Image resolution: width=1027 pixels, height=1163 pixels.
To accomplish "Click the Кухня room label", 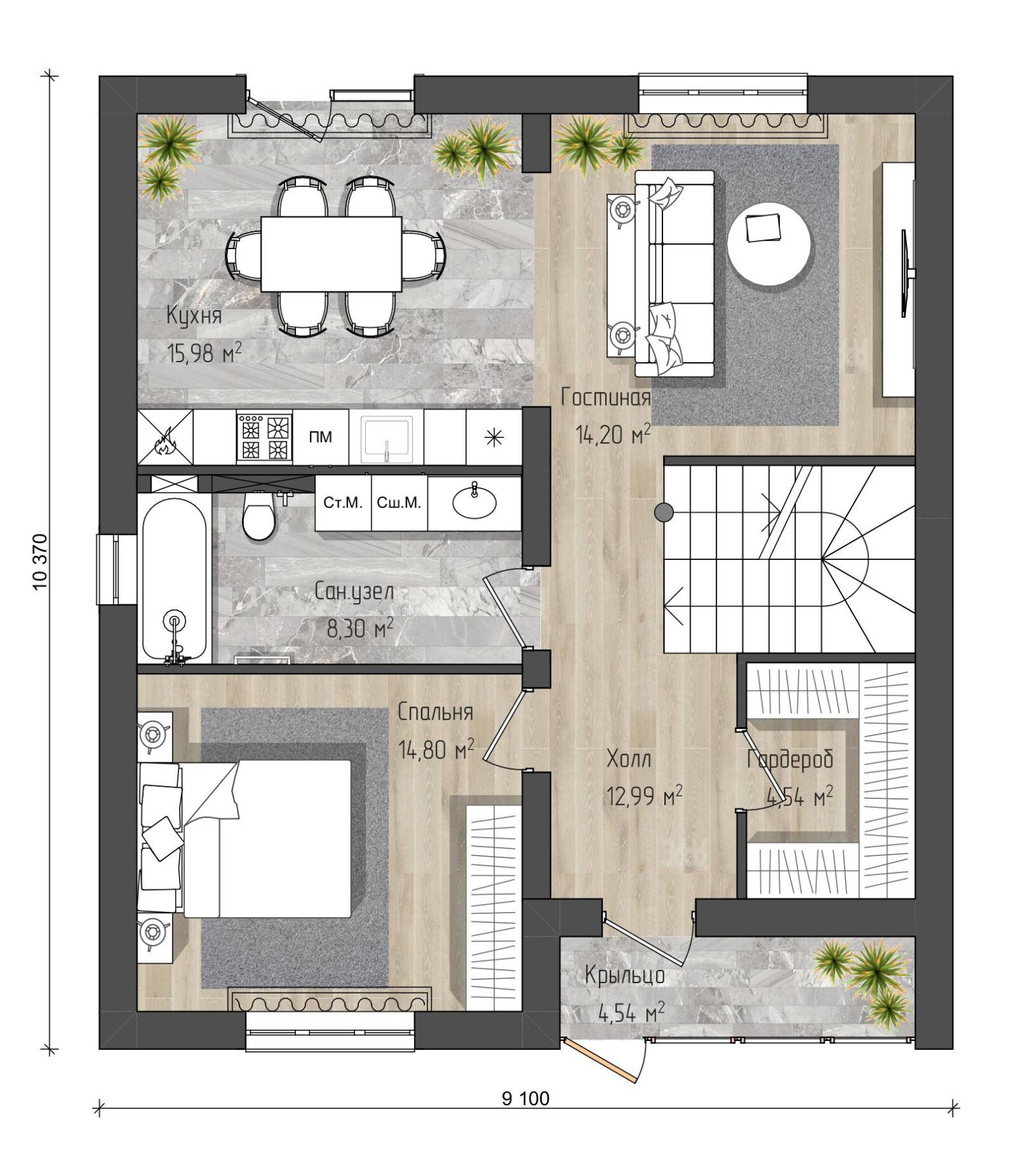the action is tap(194, 316).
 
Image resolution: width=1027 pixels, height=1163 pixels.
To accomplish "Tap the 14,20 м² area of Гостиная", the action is tap(613, 435).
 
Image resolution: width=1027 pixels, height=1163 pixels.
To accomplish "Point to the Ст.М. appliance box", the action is tap(343, 503).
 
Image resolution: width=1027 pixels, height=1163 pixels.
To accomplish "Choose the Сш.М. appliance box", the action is tap(399, 503).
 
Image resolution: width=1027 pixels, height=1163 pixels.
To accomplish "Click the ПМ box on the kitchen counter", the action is tap(320, 437).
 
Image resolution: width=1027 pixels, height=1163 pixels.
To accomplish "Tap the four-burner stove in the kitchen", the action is tap(264, 437).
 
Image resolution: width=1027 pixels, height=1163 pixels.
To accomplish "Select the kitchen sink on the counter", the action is tap(386, 439).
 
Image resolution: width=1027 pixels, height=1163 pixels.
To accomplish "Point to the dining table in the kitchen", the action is tap(331, 253).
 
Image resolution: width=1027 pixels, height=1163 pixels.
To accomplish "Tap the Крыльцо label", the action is tap(625, 975).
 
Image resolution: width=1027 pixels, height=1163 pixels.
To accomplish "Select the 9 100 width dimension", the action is tap(526, 1099).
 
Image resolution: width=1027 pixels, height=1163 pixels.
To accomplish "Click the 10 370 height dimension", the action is tap(39, 561).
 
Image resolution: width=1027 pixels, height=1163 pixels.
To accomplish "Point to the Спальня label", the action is tap(435, 712).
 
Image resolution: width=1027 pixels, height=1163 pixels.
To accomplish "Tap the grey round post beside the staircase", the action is tap(664, 512).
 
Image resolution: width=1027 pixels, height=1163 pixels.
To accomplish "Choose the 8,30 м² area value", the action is tap(360, 629).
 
